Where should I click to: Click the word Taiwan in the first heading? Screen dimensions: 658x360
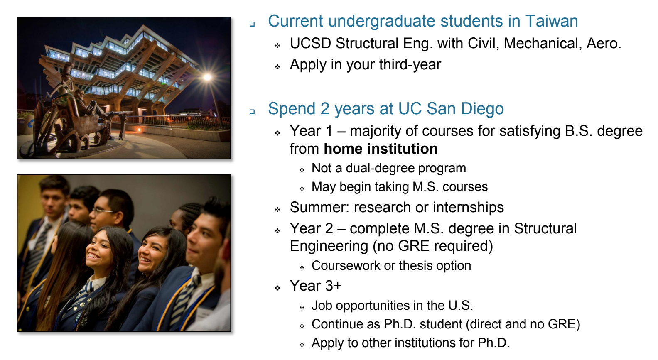[551, 21]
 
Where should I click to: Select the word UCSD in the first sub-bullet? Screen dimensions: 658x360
[310, 43]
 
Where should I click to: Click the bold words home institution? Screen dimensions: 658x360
[381, 149]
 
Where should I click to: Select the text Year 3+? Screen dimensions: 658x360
[315, 286]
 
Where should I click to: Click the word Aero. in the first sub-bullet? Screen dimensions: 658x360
[603, 43]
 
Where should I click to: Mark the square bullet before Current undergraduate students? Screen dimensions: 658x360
[252, 24]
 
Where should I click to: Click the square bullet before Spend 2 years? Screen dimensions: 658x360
[252, 112]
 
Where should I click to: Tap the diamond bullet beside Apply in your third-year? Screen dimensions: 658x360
[277, 67]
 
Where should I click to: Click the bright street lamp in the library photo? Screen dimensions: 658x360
[207, 77]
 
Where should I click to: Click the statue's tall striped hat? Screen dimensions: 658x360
[69, 69]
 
